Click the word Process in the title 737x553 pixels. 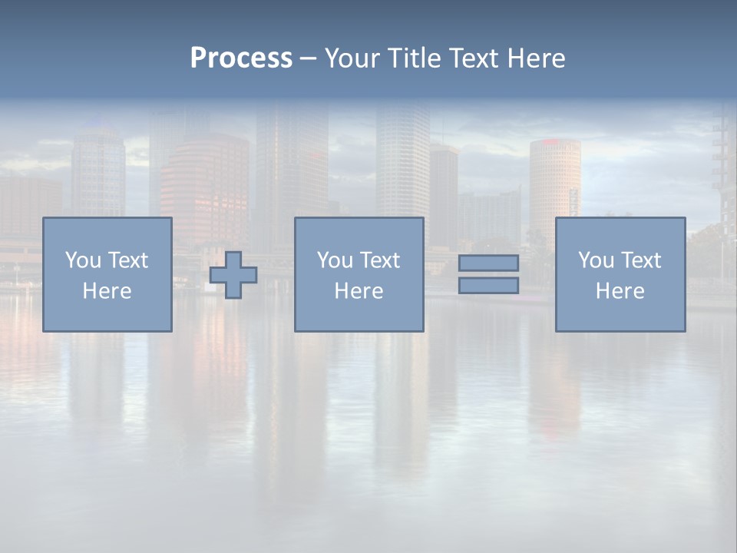[241, 58]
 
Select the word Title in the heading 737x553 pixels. [415, 58]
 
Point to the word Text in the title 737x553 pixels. [474, 58]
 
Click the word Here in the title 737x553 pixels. [536, 58]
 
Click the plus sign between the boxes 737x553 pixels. [233, 274]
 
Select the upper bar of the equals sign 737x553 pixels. [488, 263]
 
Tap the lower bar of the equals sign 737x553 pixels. [488, 286]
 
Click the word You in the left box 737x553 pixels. [83, 260]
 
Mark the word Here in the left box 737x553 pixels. [107, 291]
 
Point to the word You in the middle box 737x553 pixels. [335, 260]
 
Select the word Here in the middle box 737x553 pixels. [359, 291]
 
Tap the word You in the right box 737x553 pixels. [596, 260]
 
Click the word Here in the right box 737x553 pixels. [620, 291]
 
